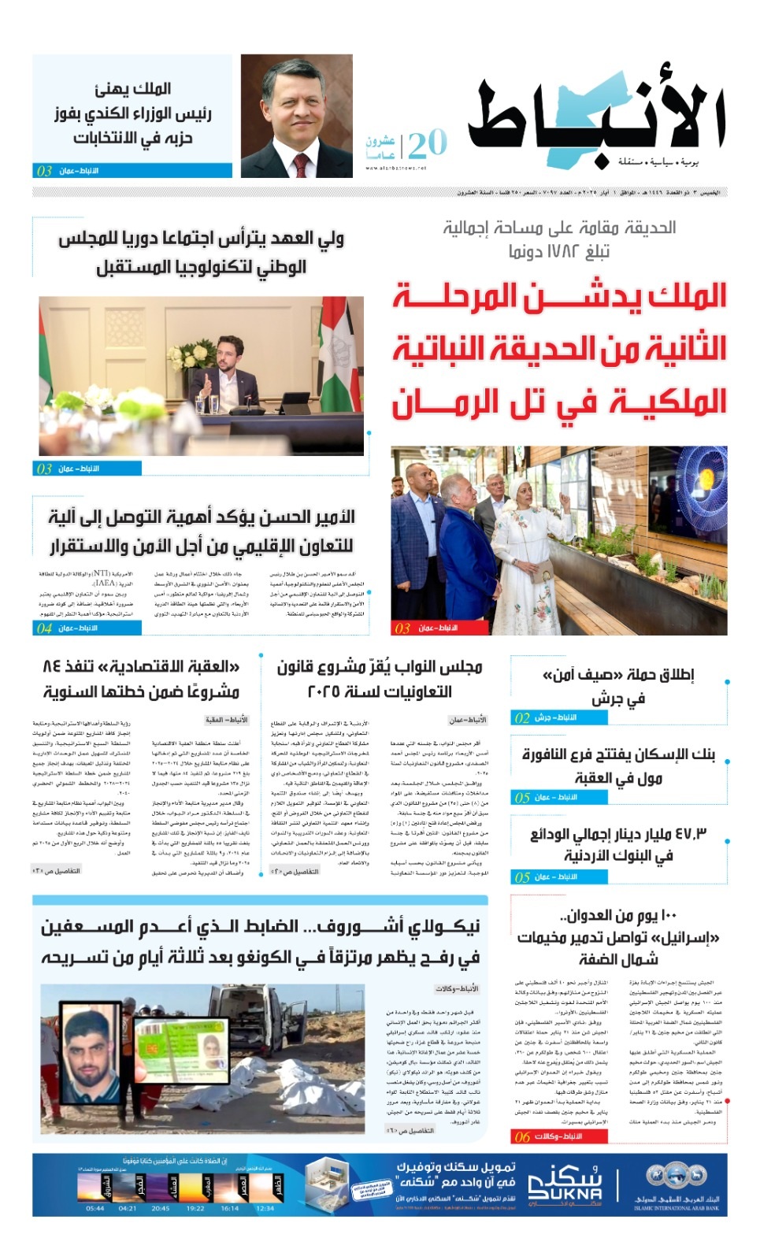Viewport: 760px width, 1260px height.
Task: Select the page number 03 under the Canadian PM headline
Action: tap(44, 171)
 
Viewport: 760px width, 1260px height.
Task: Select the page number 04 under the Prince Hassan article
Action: tap(44, 628)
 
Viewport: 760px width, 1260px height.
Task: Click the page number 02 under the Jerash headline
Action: tap(522, 717)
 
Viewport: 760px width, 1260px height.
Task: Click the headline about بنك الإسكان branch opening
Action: tap(618, 766)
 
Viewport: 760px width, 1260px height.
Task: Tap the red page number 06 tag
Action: tap(522, 1136)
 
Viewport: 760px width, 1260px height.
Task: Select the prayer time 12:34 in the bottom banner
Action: tap(265, 1208)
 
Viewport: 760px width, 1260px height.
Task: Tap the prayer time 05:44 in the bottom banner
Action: tap(95, 1208)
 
